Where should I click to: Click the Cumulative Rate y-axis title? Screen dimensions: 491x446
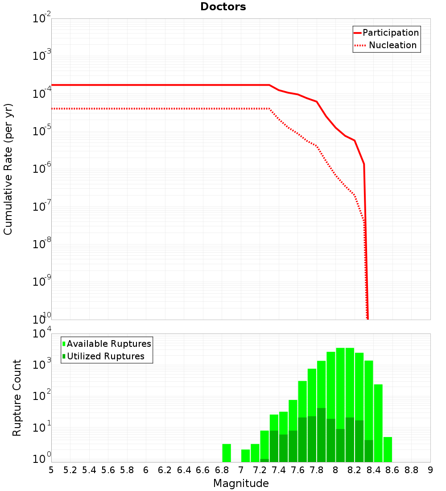click(x=8, y=169)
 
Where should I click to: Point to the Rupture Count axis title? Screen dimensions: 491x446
click(x=17, y=398)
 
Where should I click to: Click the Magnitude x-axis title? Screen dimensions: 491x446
click(x=241, y=483)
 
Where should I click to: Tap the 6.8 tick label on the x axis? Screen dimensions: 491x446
click(x=222, y=470)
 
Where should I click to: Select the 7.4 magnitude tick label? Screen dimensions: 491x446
click(x=279, y=470)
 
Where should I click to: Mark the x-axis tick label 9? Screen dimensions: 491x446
click(x=430, y=470)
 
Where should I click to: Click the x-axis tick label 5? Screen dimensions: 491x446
click(x=51, y=470)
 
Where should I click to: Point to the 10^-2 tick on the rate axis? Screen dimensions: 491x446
click(x=42, y=19)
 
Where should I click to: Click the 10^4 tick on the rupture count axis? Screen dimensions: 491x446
click(x=42, y=334)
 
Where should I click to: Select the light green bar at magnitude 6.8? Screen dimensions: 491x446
click(x=227, y=453)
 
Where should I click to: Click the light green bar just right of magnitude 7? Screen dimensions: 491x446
click(x=245, y=456)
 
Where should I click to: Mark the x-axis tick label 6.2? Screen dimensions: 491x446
click(x=165, y=470)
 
